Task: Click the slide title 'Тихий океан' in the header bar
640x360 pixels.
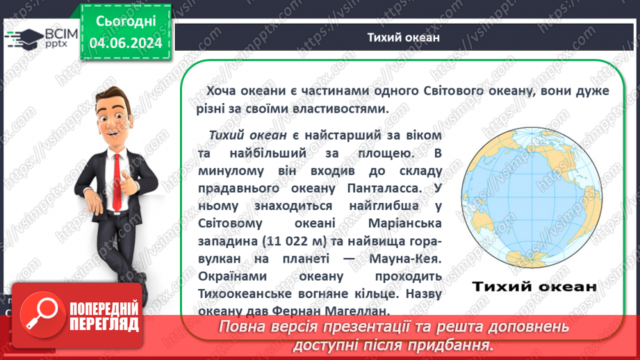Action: click(x=403, y=37)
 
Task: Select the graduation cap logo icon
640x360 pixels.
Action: click(x=23, y=37)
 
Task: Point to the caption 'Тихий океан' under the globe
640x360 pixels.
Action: click(x=534, y=286)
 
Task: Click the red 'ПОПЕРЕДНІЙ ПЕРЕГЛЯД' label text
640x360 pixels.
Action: click(x=104, y=316)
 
